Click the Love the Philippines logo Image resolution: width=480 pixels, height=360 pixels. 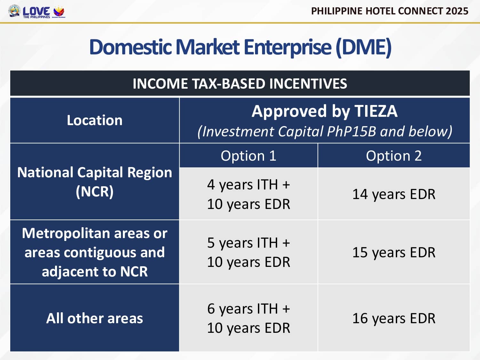[36, 12]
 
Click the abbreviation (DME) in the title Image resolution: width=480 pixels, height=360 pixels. [363, 47]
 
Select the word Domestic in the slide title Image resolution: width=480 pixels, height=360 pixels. [130, 47]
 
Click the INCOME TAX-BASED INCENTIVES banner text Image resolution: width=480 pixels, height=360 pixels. [240, 84]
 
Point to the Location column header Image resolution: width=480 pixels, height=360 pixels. [95, 120]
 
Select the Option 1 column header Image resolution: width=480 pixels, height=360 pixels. [248, 156]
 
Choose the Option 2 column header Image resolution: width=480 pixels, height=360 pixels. [394, 156]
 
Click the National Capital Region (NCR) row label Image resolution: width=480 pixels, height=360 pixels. [95, 182]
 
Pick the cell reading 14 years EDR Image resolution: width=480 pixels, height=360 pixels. [394, 194]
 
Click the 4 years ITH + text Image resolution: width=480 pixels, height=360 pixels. [248, 185]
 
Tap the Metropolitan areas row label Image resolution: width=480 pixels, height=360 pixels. [95, 252]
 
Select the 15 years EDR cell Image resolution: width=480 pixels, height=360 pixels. [394, 252]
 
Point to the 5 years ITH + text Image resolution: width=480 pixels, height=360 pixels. [248, 243]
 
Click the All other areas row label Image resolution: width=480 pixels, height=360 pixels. [95, 318]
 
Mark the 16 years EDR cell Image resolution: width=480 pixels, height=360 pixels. [394, 318]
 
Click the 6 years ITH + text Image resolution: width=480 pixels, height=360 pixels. [248, 309]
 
